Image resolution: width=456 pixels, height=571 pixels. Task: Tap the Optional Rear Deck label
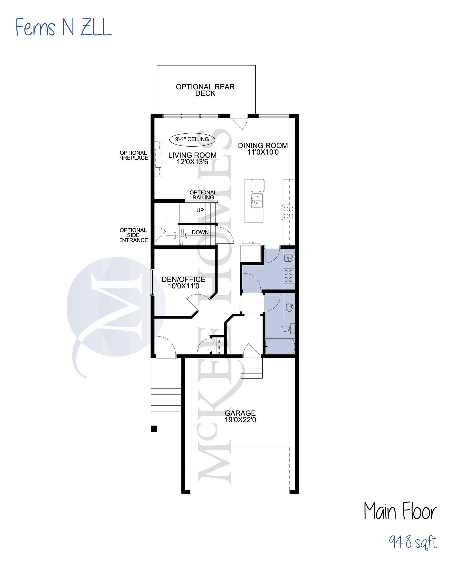pyautogui.click(x=205, y=90)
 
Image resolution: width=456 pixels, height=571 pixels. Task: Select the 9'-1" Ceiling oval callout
pyautogui.click(x=192, y=139)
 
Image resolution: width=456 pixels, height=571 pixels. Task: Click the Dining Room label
pyautogui.click(x=263, y=146)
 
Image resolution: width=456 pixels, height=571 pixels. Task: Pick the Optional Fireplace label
pyautogui.click(x=134, y=155)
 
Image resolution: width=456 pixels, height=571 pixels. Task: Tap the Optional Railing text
pyautogui.click(x=203, y=195)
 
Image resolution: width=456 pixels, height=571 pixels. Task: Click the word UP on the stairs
pyautogui.click(x=200, y=210)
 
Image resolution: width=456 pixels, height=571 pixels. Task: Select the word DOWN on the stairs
pyautogui.click(x=200, y=232)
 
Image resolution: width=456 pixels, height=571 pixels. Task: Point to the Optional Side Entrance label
pyautogui.click(x=134, y=235)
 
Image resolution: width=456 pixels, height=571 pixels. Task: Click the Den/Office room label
pyautogui.click(x=183, y=279)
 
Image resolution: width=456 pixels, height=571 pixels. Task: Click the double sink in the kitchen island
pyautogui.click(x=256, y=200)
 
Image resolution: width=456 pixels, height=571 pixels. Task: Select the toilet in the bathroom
pyautogui.click(x=288, y=329)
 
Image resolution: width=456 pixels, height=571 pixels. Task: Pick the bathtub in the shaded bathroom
pyautogui.click(x=280, y=346)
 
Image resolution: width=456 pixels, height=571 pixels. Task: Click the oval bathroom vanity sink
pyautogui.click(x=289, y=307)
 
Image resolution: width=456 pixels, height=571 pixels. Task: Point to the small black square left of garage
pyautogui.click(x=154, y=429)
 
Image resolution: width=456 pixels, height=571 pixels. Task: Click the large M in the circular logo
pyautogui.click(x=116, y=306)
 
